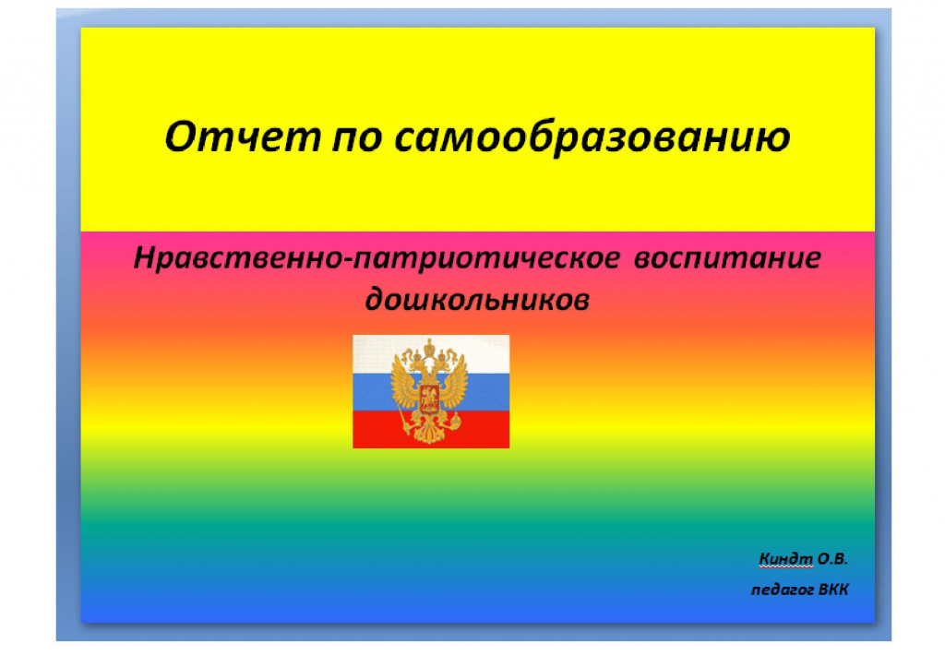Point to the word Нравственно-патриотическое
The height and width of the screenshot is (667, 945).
(x=377, y=259)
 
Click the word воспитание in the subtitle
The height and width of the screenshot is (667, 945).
(x=727, y=258)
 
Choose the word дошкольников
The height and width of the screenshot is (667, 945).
(x=477, y=300)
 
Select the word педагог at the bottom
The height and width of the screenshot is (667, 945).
(x=783, y=590)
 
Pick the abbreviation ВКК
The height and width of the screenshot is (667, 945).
(x=833, y=589)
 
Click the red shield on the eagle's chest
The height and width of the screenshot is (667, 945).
(x=430, y=399)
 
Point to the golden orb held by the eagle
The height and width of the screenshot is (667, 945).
(x=455, y=422)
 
